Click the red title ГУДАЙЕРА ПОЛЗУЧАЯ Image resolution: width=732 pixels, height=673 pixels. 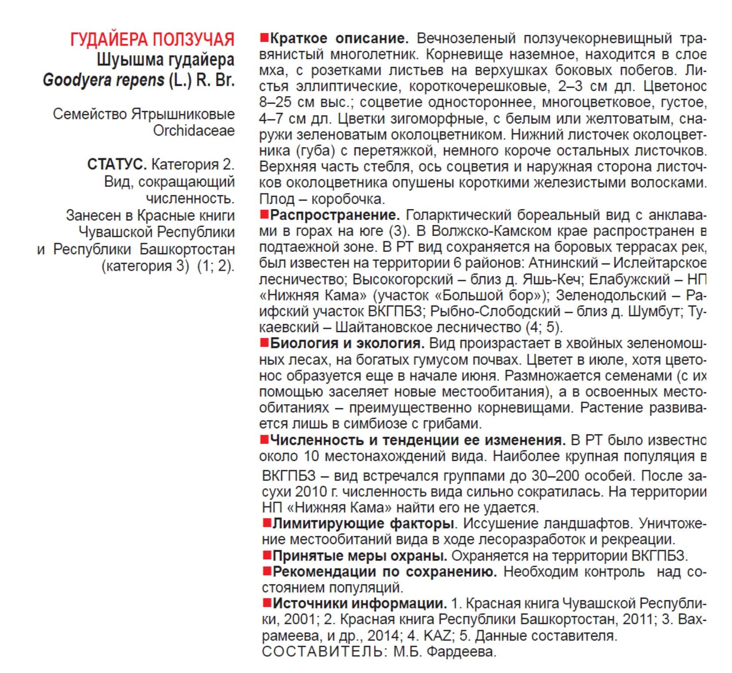pos(152,39)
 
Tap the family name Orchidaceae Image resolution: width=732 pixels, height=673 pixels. pos(194,131)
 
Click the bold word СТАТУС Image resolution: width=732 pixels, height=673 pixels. pos(116,164)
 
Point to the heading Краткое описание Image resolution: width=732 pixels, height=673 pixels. pos(339,38)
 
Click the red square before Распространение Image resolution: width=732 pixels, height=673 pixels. pos(264,215)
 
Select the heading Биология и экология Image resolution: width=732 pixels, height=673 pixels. pos(347,343)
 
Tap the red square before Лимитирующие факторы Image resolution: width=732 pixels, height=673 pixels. pos(267,523)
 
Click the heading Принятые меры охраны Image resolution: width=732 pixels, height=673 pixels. pos(359,556)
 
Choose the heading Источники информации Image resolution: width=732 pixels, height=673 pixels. pos(359,603)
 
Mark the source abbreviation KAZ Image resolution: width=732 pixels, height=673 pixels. pos(438,636)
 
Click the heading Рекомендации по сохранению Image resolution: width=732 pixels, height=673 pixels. pos(384,572)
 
